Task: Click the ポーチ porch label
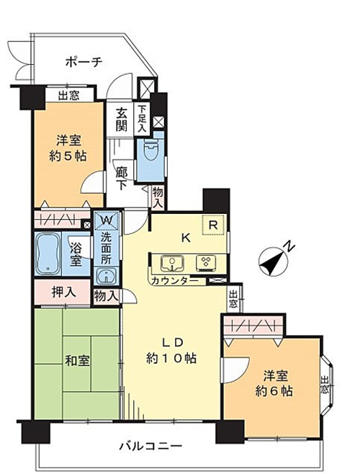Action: (84, 62)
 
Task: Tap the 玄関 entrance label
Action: (122, 120)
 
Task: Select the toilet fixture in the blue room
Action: (150, 149)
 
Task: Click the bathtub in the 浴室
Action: (48, 254)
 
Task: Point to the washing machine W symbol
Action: (107, 220)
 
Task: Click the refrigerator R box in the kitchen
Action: (213, 224)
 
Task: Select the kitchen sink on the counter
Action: (172, 262)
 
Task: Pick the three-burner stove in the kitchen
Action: (206, 262)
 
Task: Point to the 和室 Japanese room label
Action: (77, 361)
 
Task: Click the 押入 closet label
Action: (64, 292)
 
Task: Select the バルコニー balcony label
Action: (150, 446)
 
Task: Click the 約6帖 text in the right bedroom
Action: (274, 391)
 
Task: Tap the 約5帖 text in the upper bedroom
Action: (68, 156)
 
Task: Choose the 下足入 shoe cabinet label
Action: (142, 118)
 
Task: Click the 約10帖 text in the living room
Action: (171, 358)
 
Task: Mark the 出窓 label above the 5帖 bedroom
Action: (68, 96)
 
